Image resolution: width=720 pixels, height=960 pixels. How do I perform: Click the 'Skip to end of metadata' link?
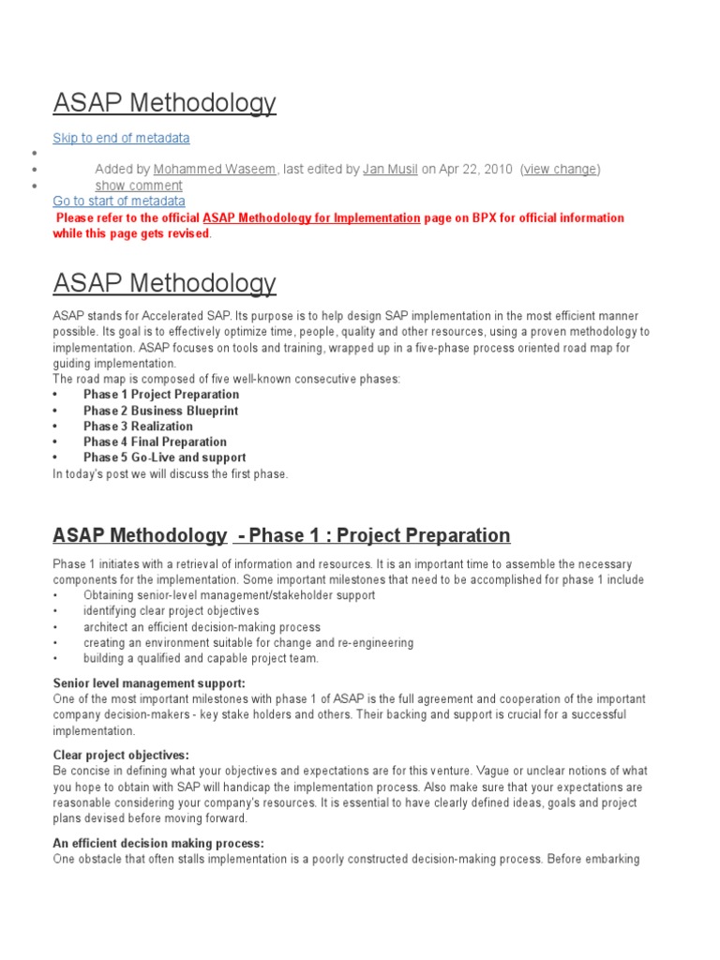click(x=121, y=138)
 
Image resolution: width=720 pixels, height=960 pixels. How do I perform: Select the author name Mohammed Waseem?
click(x=215, y=170)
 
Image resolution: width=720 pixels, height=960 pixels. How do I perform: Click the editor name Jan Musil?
click(x=390, y=170)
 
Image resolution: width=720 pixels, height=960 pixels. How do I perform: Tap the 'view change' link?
click(x=560, y=170)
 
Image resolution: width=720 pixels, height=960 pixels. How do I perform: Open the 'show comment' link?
click(x=139, y=186)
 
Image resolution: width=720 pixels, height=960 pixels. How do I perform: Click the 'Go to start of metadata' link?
click(x=119, y=202)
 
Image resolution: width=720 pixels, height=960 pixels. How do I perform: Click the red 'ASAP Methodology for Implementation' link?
click(x=311, y=217)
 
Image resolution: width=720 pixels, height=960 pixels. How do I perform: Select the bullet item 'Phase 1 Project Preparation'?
click(x=160, y=395)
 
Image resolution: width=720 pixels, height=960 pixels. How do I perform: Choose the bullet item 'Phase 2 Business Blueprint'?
click(x=160, y=411)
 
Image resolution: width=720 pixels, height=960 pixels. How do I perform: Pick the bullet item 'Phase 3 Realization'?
click(x=138, y=427)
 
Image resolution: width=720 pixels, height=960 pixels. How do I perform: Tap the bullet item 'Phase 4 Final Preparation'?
click(x=155, y=442)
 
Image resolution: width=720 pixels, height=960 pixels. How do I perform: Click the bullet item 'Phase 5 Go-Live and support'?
click(x=164, y=457)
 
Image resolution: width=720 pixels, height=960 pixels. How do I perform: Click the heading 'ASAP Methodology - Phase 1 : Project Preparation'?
click(x=281, y=535)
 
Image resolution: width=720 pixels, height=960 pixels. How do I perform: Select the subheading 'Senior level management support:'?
click(x=149, y=683)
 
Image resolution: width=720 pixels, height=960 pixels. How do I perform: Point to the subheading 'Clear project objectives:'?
click(x=121, y=755)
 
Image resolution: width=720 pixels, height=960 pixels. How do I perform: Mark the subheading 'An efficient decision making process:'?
click(x=158, y=843)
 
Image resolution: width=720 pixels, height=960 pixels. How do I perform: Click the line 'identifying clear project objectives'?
click(x=171, y=611)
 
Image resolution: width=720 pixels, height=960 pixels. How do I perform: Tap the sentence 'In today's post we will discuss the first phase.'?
click(x=171, y=473)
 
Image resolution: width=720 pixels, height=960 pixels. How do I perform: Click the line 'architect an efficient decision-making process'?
click(x=202, y=627)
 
